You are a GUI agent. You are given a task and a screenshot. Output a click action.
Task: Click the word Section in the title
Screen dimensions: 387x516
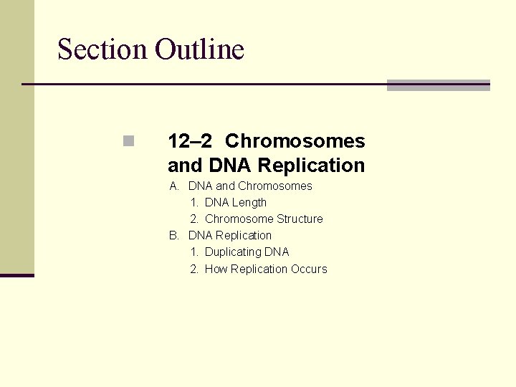pyautogui.click(x=102, y=49)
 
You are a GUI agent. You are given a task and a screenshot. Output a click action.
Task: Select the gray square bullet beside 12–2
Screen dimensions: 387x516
pyautogui.click(x=128, y=141)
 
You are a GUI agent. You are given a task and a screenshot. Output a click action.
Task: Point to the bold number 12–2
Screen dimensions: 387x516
pyautogui.click(x=191, y=141)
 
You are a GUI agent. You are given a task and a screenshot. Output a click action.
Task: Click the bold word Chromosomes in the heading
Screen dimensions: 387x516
pyautogui.click(x=295, y=141)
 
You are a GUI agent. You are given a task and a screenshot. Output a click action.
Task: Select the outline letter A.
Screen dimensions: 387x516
pyautogui.click(x=174, y=186)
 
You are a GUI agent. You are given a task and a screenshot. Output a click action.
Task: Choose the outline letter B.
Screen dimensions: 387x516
pyautogui.click(x=174, y=236)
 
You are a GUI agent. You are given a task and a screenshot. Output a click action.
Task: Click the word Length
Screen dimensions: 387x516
pyautogui.click(x=249, y=203)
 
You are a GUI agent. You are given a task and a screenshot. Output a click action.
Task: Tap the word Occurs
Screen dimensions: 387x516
pyautogui.click(x=309, y=269)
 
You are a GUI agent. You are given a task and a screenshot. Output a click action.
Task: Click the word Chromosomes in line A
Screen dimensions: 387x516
pyautogui.click(x=275, y=186)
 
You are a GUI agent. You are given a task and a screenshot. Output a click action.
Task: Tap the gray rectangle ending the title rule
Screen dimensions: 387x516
pyautogui.click(x=438, y=85)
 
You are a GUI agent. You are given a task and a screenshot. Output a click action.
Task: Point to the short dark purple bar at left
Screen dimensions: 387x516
pyautogui.click(x=17, y=275)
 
